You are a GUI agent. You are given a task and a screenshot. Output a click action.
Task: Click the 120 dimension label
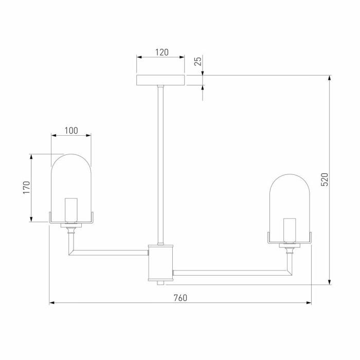pos(162,52)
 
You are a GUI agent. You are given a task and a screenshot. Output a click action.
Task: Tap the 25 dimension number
pos(198,61)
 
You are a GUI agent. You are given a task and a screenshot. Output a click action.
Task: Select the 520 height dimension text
pos(325,179)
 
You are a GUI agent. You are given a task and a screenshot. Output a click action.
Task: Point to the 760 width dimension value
pos(181,298)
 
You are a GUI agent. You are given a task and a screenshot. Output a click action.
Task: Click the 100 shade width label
pos(71,131)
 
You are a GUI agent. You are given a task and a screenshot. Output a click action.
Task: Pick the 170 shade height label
pos(26,188)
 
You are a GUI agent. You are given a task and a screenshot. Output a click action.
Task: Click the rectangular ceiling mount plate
pos(160,80)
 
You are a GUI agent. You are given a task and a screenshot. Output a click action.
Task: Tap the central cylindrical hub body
pos(160,263)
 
